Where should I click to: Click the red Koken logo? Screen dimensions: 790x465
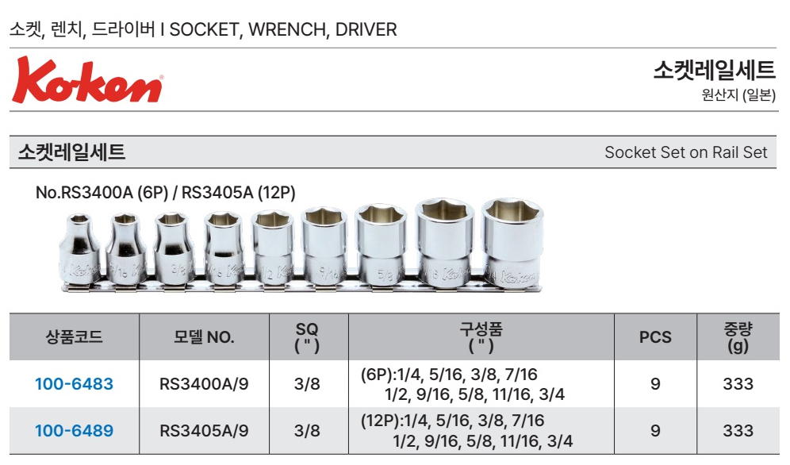pyautogui.click(x=87, y=80)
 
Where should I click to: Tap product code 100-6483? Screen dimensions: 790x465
pyautogui.click(x=74, y=384)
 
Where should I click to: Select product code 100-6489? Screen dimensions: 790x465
pyautogui.click(x=74, y=431)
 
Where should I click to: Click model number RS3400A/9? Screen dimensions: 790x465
pyautogui.click(x=204, y=384)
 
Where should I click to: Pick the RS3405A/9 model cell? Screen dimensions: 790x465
pyautogui.click(x=204, y=431)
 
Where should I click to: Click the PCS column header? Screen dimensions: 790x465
pyautogui.click(x=655, y=337)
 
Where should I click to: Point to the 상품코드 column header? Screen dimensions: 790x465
pyautogui.click(x=74, y=336)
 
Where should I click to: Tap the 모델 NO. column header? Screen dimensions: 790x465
pyautogui.click(x=204, y=336)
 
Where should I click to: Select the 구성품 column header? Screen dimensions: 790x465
pyautogui.click(x=481, y=337)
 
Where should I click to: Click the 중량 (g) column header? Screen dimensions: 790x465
pyautogui.click(x=738, y=337)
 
